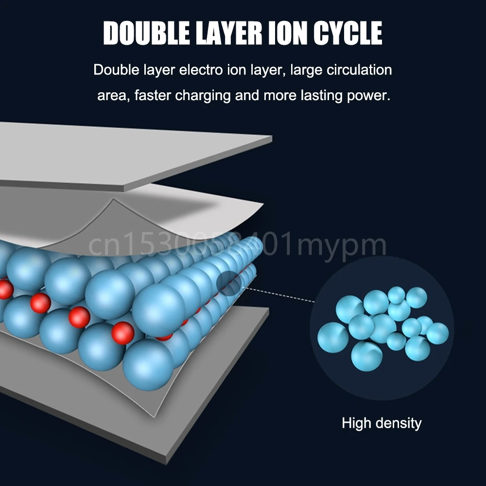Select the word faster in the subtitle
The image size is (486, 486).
coord(153,94)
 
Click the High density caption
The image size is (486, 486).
coord(382,423)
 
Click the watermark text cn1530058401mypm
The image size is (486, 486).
coord(238,245)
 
